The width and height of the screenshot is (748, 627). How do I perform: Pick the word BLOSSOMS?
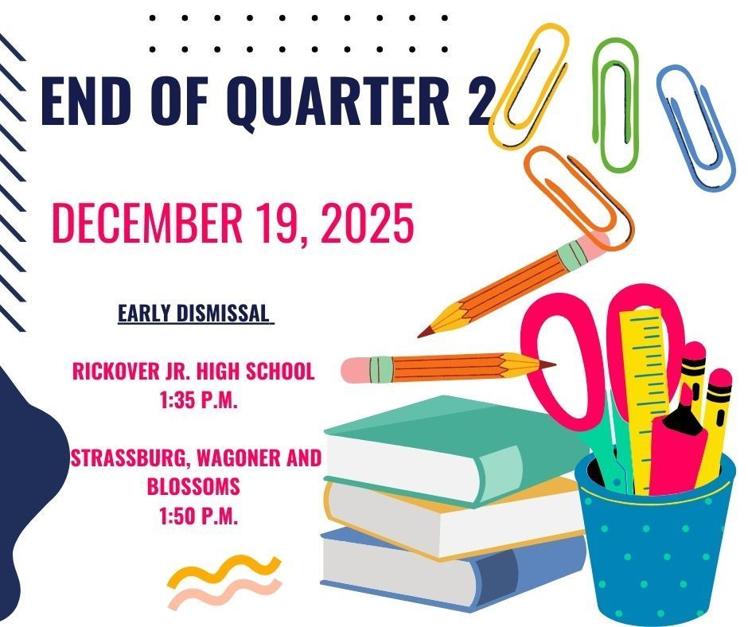(x=193, y=486)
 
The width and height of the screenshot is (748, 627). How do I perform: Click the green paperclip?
(x=617, y=103)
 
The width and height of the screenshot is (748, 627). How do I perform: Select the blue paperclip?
(x=695, y=127)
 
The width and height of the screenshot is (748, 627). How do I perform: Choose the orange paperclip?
(x=577, y=195)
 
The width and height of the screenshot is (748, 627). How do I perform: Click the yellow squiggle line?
(x=223, y=570)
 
